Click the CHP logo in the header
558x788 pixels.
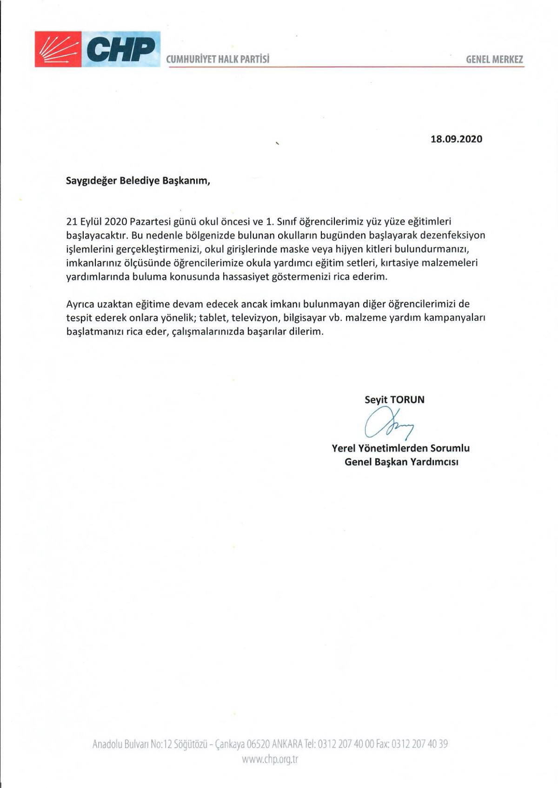98,49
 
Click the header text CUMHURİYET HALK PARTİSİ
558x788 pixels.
218,59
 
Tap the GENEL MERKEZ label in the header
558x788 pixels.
494,59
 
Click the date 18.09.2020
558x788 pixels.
457,139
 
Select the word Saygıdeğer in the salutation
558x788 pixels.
91,181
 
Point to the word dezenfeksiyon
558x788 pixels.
449,235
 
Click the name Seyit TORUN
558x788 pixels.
394,399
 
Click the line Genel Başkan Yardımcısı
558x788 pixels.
401,462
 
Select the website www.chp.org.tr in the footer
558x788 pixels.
270,760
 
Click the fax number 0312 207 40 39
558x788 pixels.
420,744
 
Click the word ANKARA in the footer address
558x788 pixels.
288,744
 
